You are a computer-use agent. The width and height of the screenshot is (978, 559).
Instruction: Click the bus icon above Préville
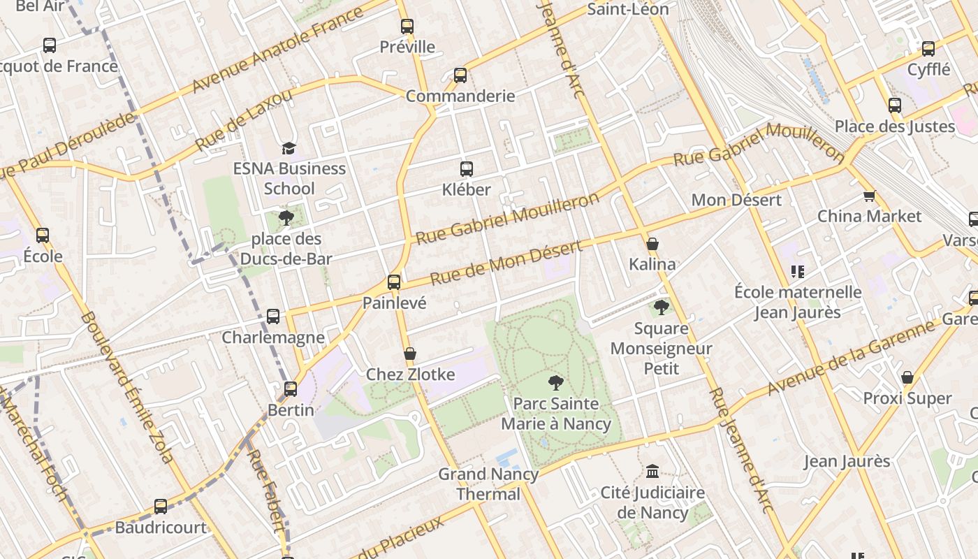point(407,27)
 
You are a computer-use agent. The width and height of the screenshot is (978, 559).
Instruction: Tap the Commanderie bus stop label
point(460,96)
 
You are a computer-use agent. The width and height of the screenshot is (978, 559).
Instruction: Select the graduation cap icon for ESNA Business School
point(289,147)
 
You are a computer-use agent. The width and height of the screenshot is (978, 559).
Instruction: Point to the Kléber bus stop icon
point(467,168)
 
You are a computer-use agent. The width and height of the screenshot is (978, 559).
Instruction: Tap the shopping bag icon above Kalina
point(652,244)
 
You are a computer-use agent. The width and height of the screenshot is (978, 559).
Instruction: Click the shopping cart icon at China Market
point(869,196)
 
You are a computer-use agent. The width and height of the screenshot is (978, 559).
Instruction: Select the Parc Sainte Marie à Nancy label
point(556,414)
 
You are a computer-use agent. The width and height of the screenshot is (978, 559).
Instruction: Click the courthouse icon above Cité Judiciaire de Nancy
point(652,472)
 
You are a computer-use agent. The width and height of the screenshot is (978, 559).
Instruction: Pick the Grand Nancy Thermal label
point(488,484)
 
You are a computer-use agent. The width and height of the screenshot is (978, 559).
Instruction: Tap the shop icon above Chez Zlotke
point(410,354)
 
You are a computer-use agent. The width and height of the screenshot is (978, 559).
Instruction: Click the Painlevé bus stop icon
point(394,282)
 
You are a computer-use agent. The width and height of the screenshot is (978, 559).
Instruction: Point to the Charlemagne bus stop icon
point(273,317)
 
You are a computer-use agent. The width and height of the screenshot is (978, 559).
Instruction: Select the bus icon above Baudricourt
point(161,507)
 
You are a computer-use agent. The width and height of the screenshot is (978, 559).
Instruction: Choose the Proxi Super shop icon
point(907,378)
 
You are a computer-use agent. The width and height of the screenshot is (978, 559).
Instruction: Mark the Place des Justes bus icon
point(895,106)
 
